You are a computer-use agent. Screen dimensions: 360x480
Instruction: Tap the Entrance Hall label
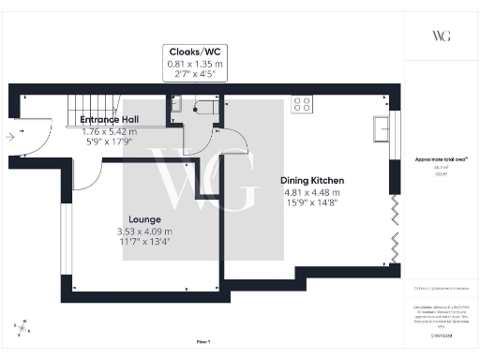point(109,121)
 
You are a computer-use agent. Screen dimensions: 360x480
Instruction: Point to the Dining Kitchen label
point(313,180)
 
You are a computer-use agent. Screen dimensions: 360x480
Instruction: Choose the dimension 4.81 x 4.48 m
point(313,192)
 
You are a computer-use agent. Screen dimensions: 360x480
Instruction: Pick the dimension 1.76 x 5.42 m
point(109,132)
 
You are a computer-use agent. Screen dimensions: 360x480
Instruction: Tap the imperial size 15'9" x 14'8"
point(313,203)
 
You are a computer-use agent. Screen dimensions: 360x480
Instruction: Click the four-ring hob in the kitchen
point(303,103)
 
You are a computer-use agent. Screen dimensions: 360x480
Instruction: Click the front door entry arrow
point(10,136)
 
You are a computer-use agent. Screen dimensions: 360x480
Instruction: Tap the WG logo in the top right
point(442,36)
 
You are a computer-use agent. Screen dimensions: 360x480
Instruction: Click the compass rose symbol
point(22,327)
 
